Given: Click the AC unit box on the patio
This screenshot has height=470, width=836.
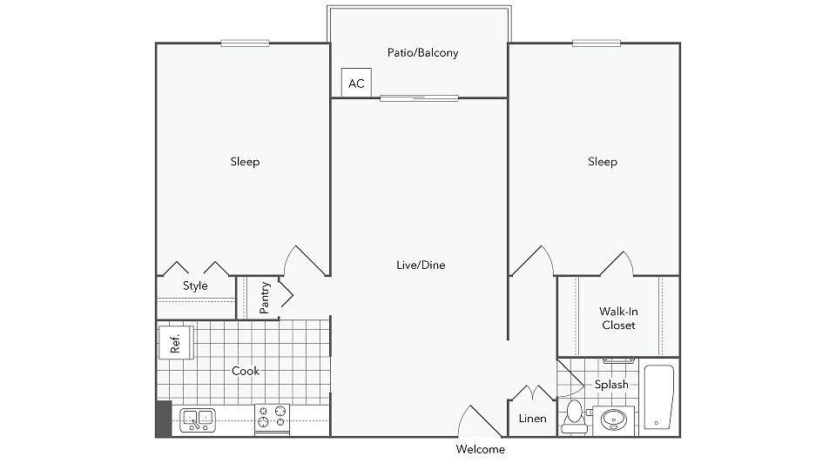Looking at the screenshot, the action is [356, 83].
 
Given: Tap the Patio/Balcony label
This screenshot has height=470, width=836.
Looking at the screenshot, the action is [423, 53].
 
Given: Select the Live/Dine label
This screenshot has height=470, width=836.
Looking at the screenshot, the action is [421, 265].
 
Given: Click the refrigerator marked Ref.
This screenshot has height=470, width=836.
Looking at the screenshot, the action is [176, 343].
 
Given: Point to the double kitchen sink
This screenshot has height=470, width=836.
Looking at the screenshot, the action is [198, 420].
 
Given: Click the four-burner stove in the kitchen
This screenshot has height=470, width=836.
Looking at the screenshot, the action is [272, 418].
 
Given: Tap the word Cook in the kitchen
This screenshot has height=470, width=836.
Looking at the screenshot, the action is [246, 371].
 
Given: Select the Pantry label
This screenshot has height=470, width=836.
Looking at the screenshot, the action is [265, 298].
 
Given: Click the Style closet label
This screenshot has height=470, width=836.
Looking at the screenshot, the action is [195, 285].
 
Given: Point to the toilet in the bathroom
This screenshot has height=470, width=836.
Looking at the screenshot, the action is [574, 417].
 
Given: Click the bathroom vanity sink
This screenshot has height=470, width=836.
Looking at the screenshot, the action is [614, 420].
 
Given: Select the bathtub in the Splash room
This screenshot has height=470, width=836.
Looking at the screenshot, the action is [659, 397].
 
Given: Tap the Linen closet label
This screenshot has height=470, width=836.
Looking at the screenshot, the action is [533, 419].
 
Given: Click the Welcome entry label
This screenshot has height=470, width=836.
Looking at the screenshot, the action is [481, 449].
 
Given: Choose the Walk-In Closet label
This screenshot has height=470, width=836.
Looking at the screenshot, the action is [618, 319].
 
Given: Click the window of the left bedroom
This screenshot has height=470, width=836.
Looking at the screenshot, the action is [245, 44].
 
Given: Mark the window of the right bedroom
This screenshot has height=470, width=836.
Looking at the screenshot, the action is [596, 44].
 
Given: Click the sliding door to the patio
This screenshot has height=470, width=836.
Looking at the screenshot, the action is [419, 98].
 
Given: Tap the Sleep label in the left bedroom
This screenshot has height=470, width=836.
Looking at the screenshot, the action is [246, 162].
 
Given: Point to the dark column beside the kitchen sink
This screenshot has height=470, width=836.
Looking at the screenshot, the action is [164, 419].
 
